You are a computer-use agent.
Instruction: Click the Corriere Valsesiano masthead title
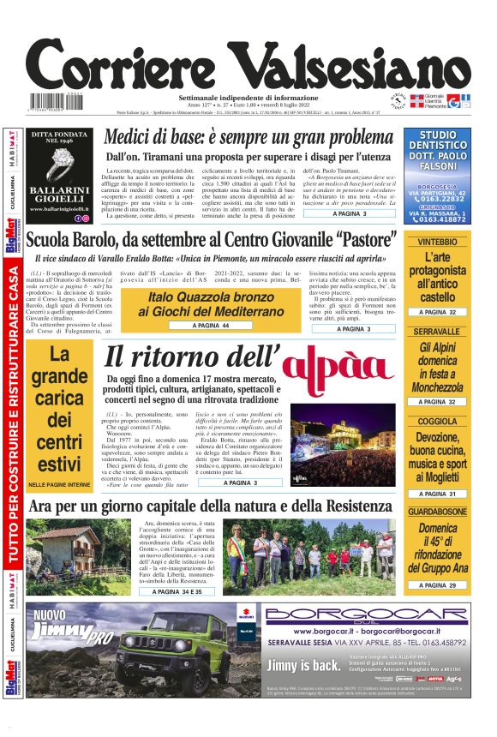pyautogui.click(x=248, y=62)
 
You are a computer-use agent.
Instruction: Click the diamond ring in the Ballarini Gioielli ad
pyautogui.click(x=61, y=161)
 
